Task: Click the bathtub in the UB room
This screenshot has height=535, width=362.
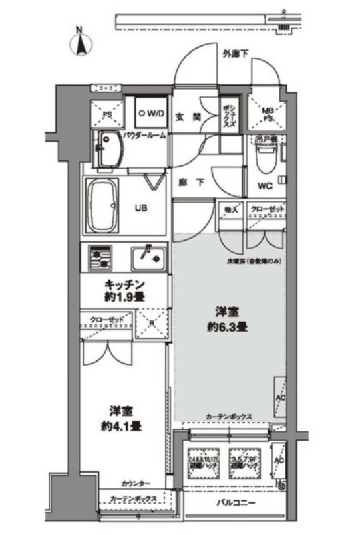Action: coord(105,204)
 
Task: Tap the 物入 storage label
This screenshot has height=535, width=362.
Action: coord(232,210)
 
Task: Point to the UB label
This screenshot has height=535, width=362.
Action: coord(142,207)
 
